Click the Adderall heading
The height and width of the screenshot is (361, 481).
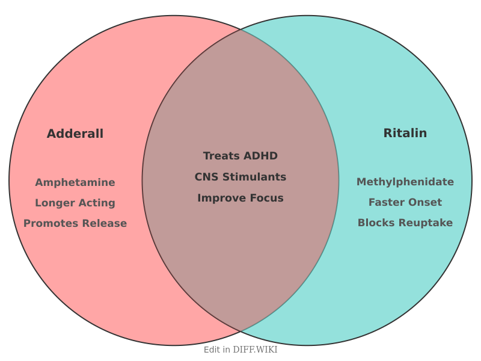(75, 134)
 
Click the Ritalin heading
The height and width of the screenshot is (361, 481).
(405, 133)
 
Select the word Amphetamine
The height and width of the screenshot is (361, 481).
(75, 182)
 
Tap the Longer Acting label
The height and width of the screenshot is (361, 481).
(75, 203)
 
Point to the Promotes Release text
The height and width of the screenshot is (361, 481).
(75, 223)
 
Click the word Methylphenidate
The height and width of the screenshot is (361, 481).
(405, 182)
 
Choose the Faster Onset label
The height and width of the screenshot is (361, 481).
(405, 202)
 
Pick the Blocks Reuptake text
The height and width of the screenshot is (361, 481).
(405, 223)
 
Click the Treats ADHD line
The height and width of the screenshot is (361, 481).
(240, 156)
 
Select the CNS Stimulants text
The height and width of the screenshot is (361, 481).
(240, 177)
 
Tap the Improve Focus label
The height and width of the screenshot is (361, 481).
(240, 198)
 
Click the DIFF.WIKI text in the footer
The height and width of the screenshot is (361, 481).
(255, 350)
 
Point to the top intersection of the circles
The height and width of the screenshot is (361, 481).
(240, 29)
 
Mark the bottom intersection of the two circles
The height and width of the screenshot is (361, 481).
(240, 332)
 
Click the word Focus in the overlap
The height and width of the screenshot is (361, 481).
(267, 198)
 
